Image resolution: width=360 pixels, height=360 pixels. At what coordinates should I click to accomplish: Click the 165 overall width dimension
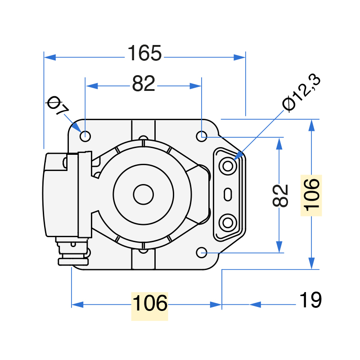pos(144,53)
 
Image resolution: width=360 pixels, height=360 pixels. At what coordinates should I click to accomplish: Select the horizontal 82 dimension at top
pos(144,83)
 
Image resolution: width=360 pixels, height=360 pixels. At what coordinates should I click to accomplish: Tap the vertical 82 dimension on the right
pos(280,195)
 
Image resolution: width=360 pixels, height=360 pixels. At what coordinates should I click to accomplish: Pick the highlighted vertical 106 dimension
pos(311,195)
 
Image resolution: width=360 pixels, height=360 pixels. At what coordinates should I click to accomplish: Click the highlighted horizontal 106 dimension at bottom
pos(150,303)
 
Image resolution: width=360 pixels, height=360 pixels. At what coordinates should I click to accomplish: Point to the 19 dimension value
pos(310,300)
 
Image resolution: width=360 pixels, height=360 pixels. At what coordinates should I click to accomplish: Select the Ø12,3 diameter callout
pos(301,93)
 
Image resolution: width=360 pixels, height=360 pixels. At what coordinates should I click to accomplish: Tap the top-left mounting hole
pos(85,136)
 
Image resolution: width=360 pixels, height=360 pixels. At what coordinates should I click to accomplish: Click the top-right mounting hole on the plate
pos(202,136)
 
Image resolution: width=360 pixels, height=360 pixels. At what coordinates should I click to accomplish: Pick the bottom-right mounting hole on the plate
pos(202,252)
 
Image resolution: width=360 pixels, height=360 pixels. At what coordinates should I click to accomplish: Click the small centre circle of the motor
pos(143,194)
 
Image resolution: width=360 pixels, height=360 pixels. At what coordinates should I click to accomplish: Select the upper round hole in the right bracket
pos(228,166)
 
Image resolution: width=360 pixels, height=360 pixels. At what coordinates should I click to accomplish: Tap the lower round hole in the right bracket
pos(228,223)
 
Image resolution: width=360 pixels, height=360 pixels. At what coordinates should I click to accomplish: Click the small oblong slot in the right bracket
pos(228,194)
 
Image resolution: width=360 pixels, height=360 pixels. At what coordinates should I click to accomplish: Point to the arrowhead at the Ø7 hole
pos(76,127)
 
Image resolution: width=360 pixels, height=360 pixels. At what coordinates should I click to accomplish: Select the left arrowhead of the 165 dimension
pos(50,58)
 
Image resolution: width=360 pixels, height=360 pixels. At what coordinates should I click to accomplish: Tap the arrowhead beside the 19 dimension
pos(255,305)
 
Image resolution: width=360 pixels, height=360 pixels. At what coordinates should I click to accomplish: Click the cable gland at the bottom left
pos(73,252)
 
